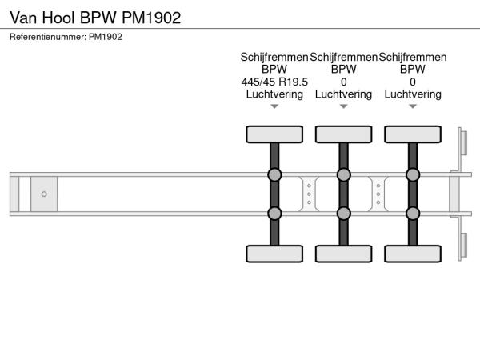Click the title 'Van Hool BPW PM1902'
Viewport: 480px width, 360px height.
(x=95, y=18)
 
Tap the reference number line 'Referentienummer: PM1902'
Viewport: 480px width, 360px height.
(x=66, y=37)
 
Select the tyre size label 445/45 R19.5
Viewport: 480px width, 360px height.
(x=274, y=82)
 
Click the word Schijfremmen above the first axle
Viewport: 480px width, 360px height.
(x=274, y=58)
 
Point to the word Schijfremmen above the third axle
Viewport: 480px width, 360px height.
(x=413, y=58)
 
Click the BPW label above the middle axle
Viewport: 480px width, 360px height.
(x=343, y=69)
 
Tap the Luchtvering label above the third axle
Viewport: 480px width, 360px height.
(x=413, y=94)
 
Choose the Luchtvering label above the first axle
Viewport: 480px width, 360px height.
(x=274, y=94)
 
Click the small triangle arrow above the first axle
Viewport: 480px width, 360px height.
(x=274, y=106)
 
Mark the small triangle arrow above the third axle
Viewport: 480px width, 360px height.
(x=413, y=106)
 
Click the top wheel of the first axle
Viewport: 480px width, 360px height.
(x=274, y=134)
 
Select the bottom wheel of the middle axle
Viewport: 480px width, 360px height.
(x=343, y=254)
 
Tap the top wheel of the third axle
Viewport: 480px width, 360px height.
(x=413, y=134)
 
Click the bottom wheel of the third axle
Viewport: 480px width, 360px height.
(x=413, y=254)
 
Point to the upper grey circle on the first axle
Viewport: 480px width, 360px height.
(x=274, y=174)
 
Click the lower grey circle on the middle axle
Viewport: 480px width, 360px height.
(x=343, y=214)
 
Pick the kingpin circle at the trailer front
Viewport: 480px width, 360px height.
(x=44, y=194)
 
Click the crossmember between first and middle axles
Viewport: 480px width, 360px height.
(x=309, y=194)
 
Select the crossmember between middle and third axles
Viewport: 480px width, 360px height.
(x=378, y=194)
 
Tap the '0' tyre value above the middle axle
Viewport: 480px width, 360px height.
(x=344, y=82)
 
